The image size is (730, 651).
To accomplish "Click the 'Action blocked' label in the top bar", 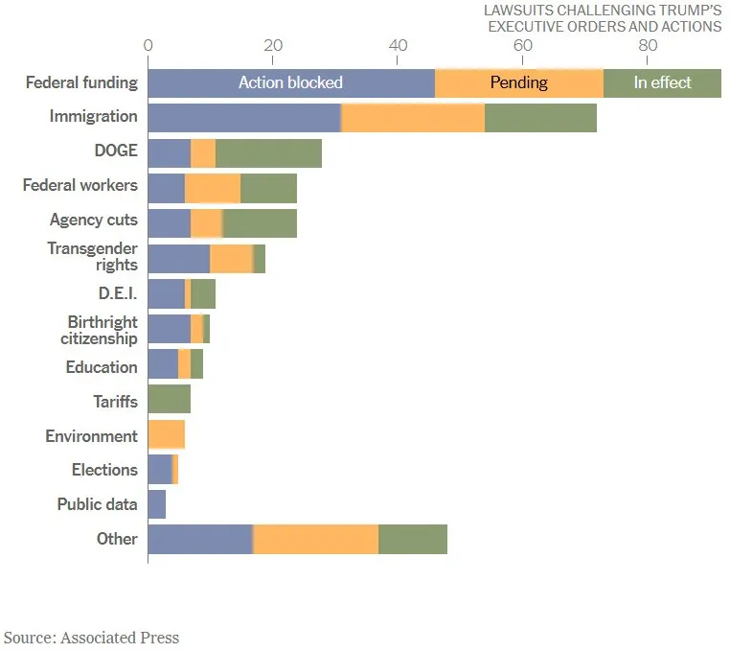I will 290,82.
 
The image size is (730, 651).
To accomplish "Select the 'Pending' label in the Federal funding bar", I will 518,82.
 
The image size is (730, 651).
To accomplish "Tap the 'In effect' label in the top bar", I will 662,82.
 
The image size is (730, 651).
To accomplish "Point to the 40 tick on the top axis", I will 399,46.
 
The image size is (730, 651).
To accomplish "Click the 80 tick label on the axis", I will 648,46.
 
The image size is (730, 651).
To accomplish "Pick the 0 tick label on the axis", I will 148,46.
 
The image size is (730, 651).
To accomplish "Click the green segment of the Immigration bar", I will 540,117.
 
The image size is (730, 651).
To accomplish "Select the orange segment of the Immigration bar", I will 413,117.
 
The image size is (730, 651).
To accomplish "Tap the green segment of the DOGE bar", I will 269,151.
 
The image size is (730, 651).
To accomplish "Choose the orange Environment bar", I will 167,435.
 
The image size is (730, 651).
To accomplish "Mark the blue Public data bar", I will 157,504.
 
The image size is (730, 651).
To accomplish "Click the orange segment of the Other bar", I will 316,539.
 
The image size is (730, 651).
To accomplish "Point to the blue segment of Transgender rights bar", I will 179,257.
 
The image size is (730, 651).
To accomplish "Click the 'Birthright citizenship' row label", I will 102,329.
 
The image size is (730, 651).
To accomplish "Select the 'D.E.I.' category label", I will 118,292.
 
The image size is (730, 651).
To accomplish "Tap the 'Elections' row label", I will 104,470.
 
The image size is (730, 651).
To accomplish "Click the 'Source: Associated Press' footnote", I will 91,638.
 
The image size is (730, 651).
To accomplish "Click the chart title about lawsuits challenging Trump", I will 603,18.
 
